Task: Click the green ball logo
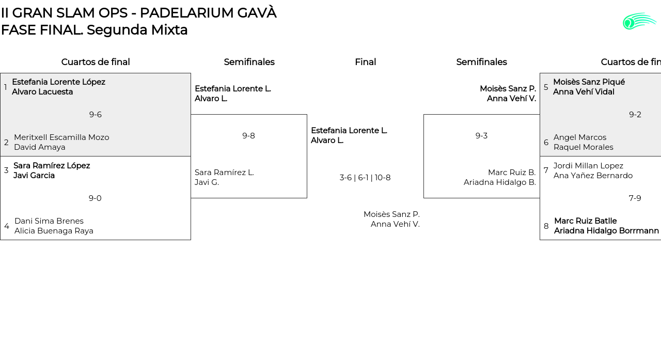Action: click(x=639, y=21)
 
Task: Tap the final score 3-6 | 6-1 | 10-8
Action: click(x=365, y=178)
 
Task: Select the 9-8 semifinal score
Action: click(x=248, y=136)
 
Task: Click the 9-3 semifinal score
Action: click(x=481, y=136)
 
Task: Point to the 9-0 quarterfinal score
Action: click(x=95, y=198)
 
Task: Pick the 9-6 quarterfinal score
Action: click(x=95, y=115)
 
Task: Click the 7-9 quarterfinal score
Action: click(x=635, y=198)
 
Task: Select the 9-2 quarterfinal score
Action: click(x=635, y=115)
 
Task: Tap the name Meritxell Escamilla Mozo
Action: click(x=61, y=137)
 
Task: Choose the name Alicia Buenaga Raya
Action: click(x=54, y=231)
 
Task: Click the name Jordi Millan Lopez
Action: click(x=588, y=166)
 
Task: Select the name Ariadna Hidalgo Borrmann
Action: click(x=606, y=231)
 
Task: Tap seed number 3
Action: click(x=6, y=170)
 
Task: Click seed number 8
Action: click(x=546, y=226)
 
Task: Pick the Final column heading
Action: click(x=365, y=62)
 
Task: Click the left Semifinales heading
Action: click(x=249, y=62)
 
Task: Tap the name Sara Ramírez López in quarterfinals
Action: click(x=52, y=166)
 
